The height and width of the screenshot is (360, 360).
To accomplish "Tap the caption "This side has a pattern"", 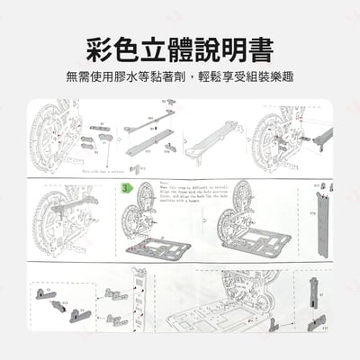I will tap(103, 169).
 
